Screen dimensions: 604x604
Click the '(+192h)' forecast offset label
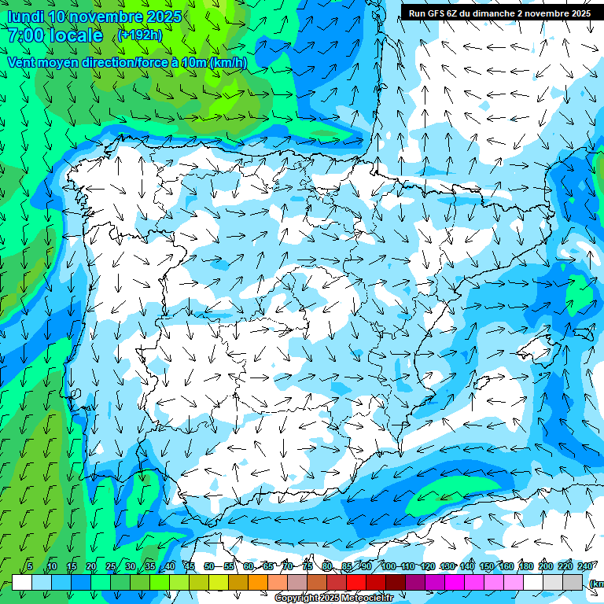point(140,35)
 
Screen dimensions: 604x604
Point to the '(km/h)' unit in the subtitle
point(228,62)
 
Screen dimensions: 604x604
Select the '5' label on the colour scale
point(30,567)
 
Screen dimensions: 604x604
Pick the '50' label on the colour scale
point(208,567)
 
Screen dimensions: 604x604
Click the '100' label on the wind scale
point(388,567)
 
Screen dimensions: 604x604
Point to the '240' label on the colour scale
point(584,567)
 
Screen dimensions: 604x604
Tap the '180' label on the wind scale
point(525,567)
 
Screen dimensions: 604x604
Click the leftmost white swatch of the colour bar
point(22,583)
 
